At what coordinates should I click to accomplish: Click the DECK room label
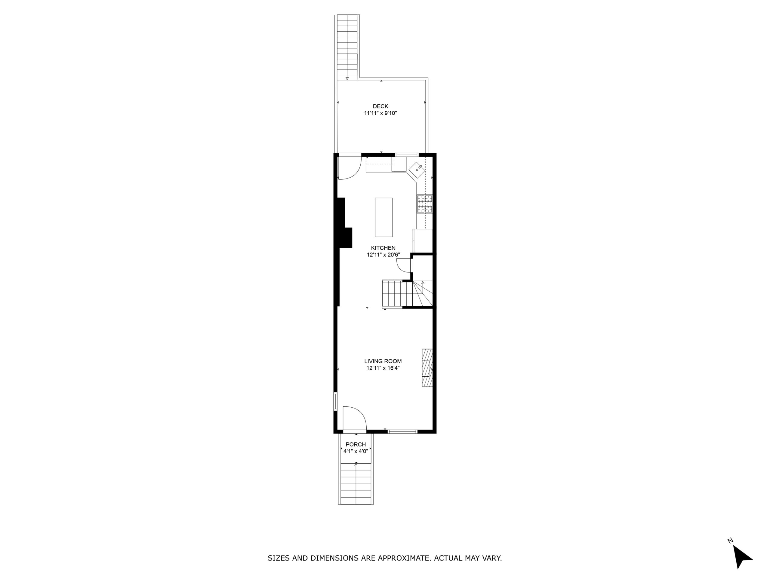coord(380,106)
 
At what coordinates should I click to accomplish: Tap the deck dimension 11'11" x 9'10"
coord(380,113)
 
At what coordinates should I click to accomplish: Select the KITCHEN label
coord(383,248)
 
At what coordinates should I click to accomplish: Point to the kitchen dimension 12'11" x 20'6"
coord(383,255)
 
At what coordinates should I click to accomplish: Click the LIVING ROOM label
coord(383,361)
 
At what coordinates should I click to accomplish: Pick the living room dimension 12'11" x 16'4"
coord(383,368)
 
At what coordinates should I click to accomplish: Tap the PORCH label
coord(356,445)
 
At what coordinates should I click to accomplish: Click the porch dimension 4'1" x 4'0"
coord(356,451)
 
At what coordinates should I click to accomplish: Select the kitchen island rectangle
coord(383,217)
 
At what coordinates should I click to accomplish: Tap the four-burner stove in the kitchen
coord(425,204)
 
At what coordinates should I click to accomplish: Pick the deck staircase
coord(347,47)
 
